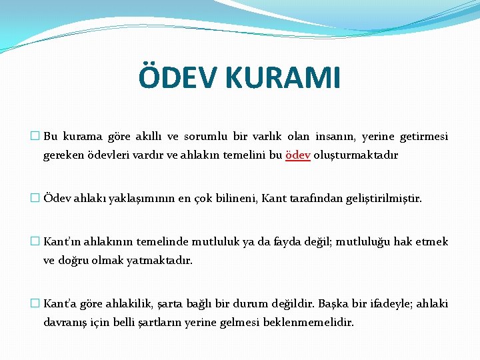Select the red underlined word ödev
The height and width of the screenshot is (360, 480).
point(297,155)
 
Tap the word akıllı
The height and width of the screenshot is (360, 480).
point(144,137)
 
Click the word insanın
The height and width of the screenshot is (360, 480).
point(335,137)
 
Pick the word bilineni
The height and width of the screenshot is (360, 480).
point(237,198)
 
